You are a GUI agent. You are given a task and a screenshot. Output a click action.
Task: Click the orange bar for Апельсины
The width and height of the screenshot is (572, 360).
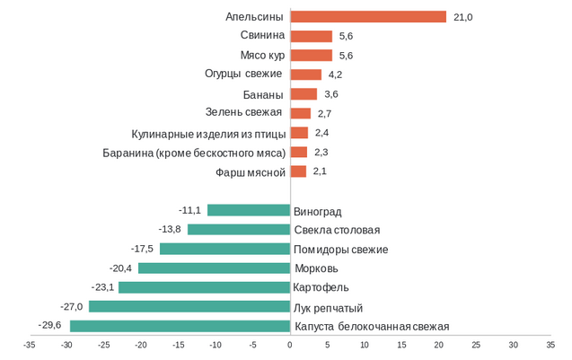pos(368,17)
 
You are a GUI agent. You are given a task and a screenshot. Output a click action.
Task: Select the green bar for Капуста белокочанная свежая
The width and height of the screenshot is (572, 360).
pos(180,326)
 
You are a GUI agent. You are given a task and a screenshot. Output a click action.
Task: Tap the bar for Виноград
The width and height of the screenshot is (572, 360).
pos(249,210)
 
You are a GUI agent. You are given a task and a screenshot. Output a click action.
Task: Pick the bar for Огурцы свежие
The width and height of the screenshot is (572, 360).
pos(305,75)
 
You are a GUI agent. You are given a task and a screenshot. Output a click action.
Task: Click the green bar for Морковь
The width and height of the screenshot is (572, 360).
pos(214,268)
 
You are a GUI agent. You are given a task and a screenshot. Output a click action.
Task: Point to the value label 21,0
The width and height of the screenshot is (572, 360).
pos(463,17)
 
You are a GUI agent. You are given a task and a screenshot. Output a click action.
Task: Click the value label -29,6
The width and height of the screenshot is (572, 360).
pos(50,326)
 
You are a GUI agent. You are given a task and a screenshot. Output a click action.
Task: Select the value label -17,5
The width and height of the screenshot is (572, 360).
pos(142,249)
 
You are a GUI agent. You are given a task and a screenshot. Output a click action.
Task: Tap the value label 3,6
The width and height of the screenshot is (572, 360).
pos(331,94)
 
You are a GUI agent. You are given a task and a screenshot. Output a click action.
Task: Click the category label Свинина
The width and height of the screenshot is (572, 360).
pos(262,36)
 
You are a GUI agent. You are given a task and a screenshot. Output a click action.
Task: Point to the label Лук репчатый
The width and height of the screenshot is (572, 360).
pos(329,307)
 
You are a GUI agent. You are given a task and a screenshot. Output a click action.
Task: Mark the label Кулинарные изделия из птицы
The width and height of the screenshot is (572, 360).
pos(207,133)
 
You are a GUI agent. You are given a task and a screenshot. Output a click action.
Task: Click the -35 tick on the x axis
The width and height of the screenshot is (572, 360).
pos(30,345)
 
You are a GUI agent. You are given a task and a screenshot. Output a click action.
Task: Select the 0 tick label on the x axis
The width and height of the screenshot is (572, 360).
pos(290,345)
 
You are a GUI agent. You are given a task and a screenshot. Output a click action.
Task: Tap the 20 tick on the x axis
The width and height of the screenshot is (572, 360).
pos(439,345)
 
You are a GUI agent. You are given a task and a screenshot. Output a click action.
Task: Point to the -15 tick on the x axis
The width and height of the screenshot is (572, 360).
pos(179,345)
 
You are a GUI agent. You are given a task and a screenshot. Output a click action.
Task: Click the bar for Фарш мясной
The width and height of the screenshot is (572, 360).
pos(298,171)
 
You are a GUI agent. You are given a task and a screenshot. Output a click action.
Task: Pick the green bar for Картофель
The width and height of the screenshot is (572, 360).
pos(204,287)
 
